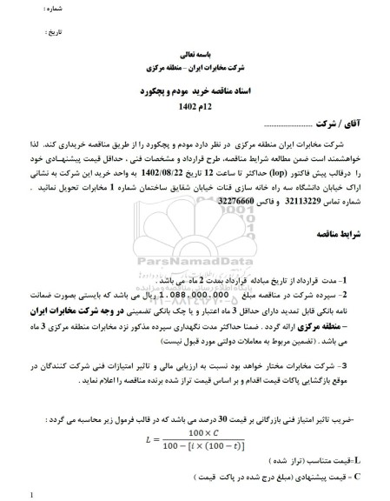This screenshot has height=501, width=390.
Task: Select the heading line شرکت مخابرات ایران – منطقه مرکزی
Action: [x=192, y=68]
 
